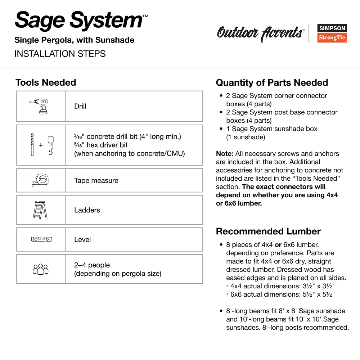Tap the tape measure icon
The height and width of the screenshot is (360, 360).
(40, 180)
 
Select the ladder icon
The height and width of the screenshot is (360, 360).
(40, 210)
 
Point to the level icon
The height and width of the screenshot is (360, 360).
(40, 239)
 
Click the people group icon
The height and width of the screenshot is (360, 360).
(40, 269)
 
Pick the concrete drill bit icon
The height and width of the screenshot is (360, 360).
(32, 145)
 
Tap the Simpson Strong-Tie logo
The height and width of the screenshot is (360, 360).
(332, 33)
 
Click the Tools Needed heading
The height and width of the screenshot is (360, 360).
(46, 82)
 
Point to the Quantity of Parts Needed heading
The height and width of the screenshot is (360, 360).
(272, 82)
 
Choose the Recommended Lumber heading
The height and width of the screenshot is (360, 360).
(268, 231)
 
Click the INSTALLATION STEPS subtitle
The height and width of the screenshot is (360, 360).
(60, 54)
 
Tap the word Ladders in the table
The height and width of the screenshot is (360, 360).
(87, 210)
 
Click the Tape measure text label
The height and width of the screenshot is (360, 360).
(96, 181)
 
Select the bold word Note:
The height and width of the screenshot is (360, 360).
(225, 154)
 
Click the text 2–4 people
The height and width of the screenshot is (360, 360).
(92, 265)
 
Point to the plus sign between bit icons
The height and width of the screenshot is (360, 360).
(41, 145)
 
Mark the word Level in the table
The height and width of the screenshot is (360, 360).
(82, 240)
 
